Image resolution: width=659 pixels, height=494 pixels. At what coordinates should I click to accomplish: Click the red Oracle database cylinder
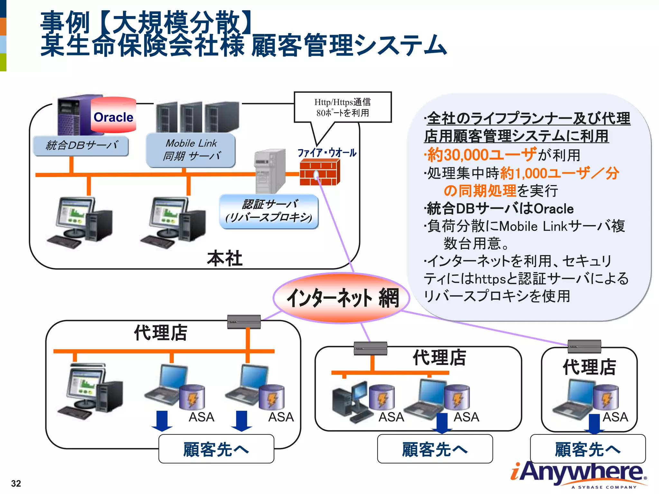tap(113, 116)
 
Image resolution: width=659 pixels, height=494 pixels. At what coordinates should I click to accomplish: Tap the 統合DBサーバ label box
tap(81, 146)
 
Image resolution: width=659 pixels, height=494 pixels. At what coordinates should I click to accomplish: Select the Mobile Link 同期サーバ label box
tap(190, 150)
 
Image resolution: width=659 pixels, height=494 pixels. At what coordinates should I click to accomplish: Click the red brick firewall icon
tap(320, 173)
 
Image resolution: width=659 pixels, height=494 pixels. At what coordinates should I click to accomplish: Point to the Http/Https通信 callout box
tap(342, 107)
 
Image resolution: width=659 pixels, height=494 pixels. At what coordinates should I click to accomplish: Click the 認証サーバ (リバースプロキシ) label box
tap(269, 211)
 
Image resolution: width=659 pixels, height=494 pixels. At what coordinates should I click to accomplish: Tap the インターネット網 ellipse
tap(341, 298)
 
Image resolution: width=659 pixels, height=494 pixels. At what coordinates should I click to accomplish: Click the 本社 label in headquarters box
tap(224, 259)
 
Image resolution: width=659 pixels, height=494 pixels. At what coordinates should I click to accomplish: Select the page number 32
tap(16, 483)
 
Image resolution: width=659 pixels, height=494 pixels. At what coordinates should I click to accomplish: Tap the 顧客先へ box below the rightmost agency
tap(588, 449)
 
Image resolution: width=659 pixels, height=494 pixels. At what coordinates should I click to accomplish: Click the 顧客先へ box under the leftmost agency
tap(216, 449)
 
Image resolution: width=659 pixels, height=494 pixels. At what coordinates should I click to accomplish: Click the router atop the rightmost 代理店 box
tap(584, 346)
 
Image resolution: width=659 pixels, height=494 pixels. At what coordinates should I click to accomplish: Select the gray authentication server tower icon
tap(270, 170)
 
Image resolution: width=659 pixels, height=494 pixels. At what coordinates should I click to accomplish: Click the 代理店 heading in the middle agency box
tap(439, 357)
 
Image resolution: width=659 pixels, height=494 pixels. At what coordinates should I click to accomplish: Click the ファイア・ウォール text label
tap(327, 153)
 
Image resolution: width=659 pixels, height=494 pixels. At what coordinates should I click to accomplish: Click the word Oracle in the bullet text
tap(553, 209)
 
